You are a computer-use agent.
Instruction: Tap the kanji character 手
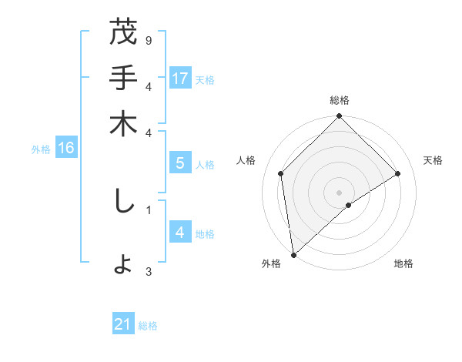[x=123, y=79]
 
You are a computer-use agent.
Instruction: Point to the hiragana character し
[x=123, y=201]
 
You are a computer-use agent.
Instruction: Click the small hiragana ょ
[x=123, y=265]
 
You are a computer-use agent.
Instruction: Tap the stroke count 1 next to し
[x=149, y=208]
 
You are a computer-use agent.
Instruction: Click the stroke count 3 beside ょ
[x=149, y=270]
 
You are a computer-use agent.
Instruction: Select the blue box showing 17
[x=180, y=79]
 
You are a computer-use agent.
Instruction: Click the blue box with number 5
[x=180, y=163]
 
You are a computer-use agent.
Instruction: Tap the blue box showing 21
[x=123, y=324]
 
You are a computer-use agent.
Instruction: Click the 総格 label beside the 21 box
[x=148, y=326]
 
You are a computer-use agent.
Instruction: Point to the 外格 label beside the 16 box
[x=41, y=149]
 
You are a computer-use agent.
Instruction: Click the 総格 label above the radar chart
[x=340, y=100]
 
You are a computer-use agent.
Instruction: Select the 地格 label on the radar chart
[x=403, y=264]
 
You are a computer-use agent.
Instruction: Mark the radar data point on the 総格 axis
[x=340, y=117]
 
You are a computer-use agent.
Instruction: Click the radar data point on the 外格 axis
[x=293, y=255]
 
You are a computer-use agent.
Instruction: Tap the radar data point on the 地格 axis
[x=349, y=205]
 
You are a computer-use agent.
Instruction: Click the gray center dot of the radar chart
[x=340, y=192]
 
